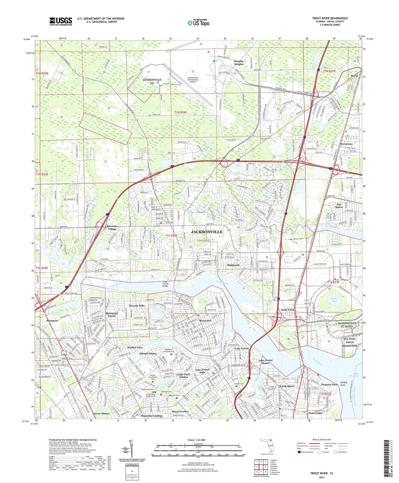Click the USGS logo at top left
pyautogui.click(x=61, y=21)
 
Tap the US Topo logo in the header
pyautogui.click(x=198, y=23)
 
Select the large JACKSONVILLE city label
pyautogui.click(x=207, y=232)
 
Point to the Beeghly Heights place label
pyautogui.click(x=239, y=63)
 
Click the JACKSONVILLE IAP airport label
pyautogui.click(x=152, y=81)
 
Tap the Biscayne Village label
pyautogui.click(x=112, y=228)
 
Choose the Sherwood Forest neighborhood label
pyautogui.click(x=112, y=315)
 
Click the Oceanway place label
pyautogui.click(x=346, y=144)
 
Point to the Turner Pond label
pyautogui.click(x=334, y=300)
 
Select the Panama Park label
pyautogui.click(x=329, y=385)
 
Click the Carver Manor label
pyautogui.click(x=101, y=413)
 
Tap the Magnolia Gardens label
pyautogui.click(x=152, y=416)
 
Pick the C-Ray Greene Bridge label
pyautogui.click(x=165, y=284)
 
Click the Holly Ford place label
pyautogui.click(x=287, y=310)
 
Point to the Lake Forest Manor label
pyautogui.click(x=265, y=362)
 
